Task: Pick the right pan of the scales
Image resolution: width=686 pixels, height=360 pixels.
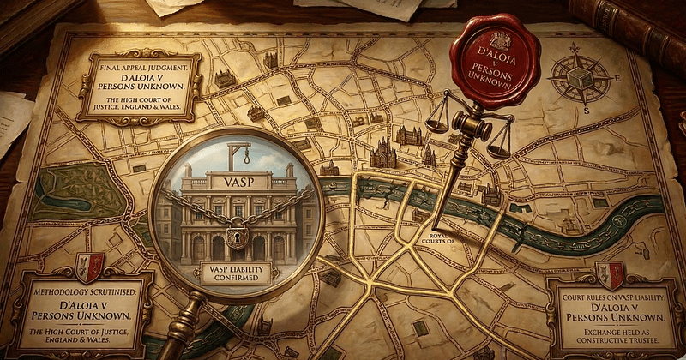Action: (x=498, y=152)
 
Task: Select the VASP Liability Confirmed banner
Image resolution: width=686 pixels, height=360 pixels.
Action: (x=237, y=273)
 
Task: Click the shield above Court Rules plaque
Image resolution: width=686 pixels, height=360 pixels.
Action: (x=611, y=273)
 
